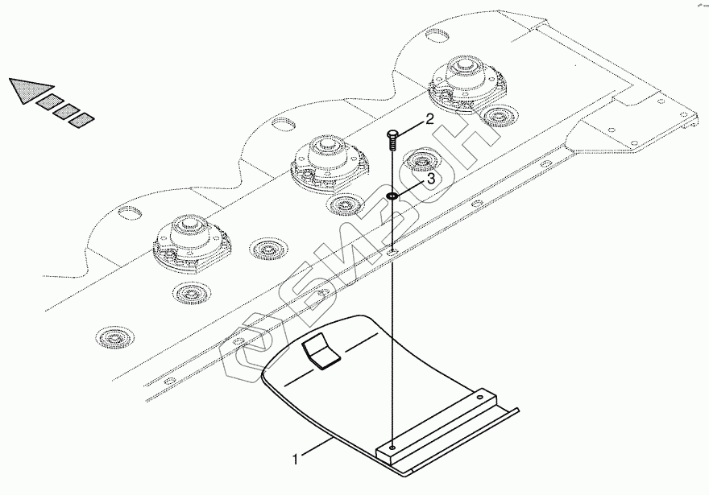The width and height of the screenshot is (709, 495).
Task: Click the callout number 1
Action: point(296,460)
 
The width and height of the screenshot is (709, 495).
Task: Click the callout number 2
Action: point(429,119)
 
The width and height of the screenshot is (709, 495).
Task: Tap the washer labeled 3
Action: point(392,196)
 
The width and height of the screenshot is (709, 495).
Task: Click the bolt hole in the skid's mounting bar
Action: point(392,448)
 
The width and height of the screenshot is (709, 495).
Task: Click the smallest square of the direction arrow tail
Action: point(81,121)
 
